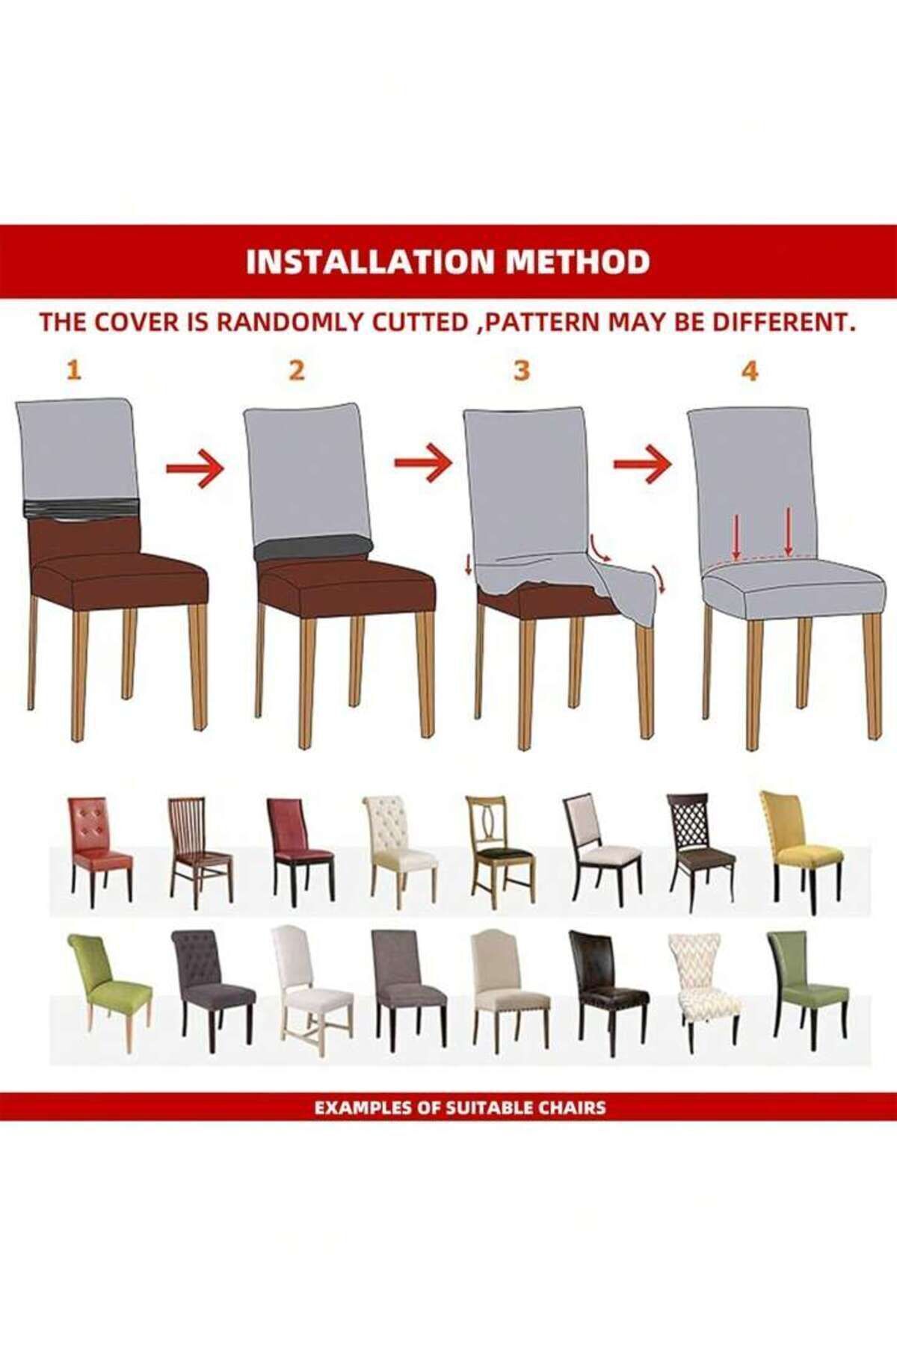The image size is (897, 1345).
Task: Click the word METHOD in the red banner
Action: click(579, 262)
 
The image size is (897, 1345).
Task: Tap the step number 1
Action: click(73, 370)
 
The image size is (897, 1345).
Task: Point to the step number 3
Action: click(522, 370)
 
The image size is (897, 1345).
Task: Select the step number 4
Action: click(750, 370)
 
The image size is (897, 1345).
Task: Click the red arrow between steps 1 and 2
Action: click(194, 470)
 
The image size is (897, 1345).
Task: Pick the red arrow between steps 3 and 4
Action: click(642, 464)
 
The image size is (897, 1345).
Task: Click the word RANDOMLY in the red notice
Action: click(291, 324)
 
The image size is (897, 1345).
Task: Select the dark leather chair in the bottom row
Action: click(607, 993)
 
